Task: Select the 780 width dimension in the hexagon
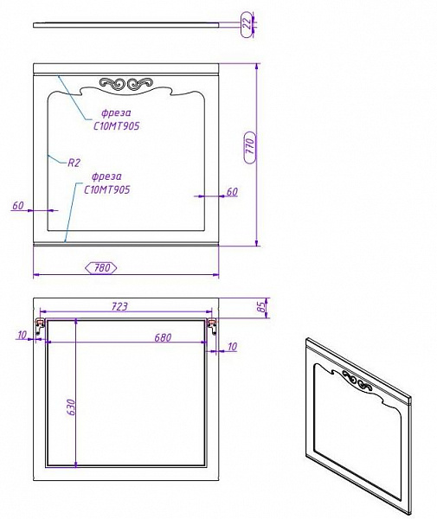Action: pyautogui.click(x=101, y=267)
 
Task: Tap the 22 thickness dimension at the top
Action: pyautogui.click(x=247, y=24)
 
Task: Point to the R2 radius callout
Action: pyautogui.click(x=74, y=163)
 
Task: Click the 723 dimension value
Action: pyautogui.click(x=119, y=306)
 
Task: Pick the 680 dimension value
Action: pyautogui.click(x=163, y=337)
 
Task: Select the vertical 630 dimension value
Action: pyautogui.click(x=72, y=407)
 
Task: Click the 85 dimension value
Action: pyautogui.click(x=261, y=307)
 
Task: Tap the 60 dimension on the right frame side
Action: pyautogui.click(x=232, y=192)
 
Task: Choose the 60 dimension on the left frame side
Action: pyautogui.click(x=18, y=205)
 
